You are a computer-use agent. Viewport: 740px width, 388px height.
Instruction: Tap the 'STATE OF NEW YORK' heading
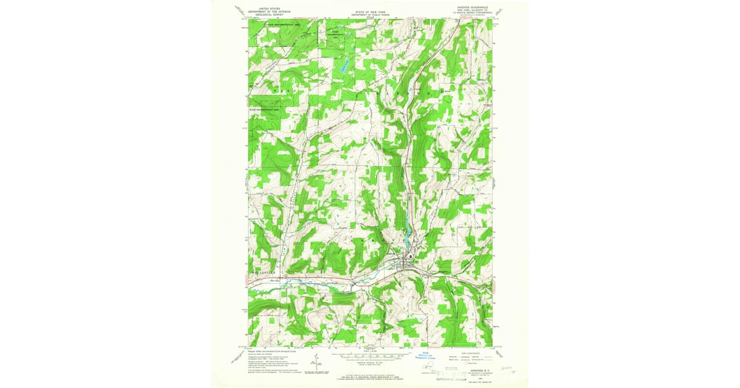point(369,11)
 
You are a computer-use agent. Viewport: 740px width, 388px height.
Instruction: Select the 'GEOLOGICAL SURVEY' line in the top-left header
point(264,14)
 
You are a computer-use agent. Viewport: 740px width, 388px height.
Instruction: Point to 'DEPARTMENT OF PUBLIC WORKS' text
point(369,14)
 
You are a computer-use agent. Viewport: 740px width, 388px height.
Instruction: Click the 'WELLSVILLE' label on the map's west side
point(261,270)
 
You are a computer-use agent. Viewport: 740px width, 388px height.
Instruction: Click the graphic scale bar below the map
point(369,356)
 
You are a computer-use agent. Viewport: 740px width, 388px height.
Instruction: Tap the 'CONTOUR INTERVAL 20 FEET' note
point(369,365)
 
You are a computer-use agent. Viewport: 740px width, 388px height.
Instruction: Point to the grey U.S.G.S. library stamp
point(459,374)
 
